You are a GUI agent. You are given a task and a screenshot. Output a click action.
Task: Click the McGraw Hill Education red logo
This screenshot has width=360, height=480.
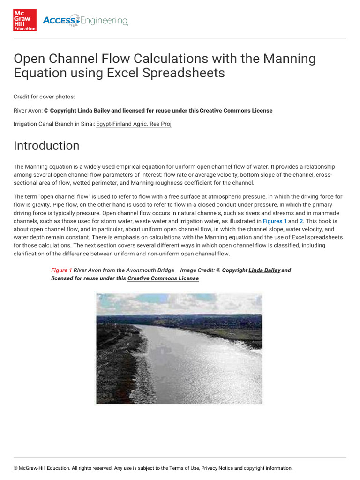pos(25,20)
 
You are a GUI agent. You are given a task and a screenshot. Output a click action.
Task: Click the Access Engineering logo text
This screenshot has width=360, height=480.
pos(85,21)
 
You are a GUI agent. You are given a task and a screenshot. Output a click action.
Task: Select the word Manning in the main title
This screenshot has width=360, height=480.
pos(289,59)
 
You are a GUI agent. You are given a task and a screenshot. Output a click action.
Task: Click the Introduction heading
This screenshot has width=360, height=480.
pos(46,145)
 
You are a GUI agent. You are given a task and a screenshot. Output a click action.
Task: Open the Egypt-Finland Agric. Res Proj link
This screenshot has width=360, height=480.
pos(134,124)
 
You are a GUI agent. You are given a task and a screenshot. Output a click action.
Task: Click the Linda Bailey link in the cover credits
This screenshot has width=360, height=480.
pos(94,111)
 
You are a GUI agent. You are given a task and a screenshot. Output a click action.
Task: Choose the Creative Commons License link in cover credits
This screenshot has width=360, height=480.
pos(236,111)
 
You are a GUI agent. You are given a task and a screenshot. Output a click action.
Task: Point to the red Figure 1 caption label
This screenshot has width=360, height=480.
pos(61,270)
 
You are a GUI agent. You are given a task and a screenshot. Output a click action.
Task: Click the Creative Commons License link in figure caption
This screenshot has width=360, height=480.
pos(163,278)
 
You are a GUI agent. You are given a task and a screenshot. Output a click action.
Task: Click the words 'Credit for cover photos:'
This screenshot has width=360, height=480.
pos(44,97)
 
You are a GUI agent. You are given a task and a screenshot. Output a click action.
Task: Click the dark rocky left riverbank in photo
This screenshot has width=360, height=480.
pos(117,366)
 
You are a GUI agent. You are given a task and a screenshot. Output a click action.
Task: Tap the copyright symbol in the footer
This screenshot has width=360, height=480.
pos(15,468)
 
